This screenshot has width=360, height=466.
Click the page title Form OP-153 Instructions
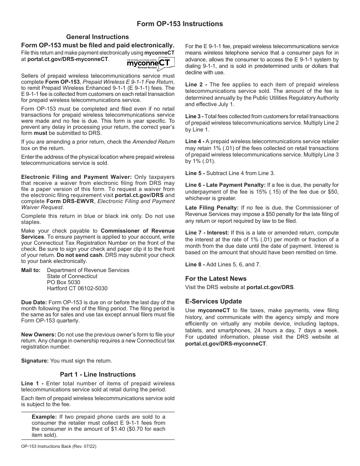point(180,24)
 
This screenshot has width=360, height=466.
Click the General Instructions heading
point(97,37)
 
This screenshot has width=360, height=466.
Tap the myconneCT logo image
point(150,63)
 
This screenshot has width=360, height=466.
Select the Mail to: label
point(31,270)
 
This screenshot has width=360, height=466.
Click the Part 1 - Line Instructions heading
point(98,374)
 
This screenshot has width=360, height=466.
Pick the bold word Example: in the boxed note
point(44,417)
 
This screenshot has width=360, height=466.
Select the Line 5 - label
point(195,173)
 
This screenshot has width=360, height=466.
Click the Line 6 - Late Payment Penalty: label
point(225,185)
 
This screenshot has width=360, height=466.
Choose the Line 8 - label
point(195,264)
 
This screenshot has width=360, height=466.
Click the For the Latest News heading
point(216,278)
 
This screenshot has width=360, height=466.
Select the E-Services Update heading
point(213,301)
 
